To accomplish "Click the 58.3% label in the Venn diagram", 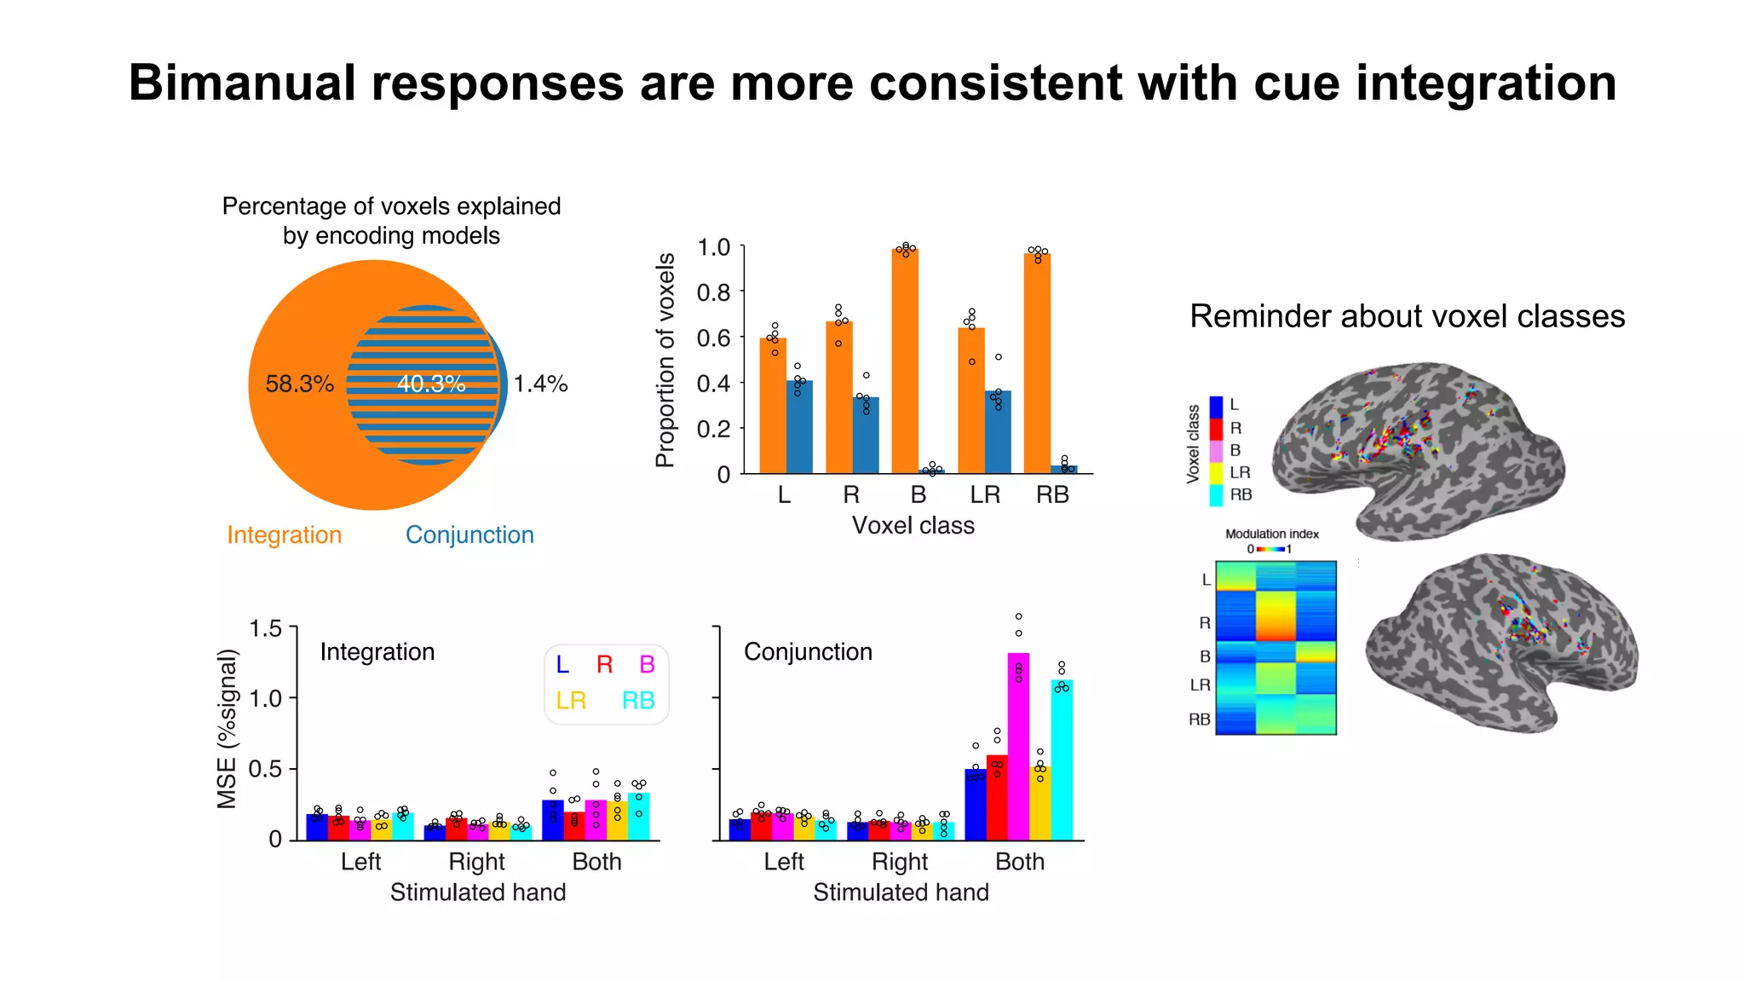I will (299, 384).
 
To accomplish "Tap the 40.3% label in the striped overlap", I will (431, 384).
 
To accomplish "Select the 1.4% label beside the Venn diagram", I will (540, 384).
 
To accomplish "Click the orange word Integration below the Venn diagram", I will (284, 534).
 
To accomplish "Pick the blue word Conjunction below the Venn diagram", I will (469, 534).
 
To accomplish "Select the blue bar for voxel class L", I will (799, 427).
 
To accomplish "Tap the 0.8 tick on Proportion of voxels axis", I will (713, 292).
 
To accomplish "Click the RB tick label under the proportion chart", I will (1052, 494).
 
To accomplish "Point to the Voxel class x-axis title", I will (913, 525).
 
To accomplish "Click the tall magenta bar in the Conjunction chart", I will (1018, 746).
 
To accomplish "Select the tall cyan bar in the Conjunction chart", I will (1062, 759).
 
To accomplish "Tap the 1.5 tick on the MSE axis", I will (265, 629).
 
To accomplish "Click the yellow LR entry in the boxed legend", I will (571, 701).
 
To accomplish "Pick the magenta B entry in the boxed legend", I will (647, 664).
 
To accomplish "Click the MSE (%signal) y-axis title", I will (227, 729).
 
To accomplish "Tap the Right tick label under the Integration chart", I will (476, 862).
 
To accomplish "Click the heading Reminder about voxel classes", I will (1407, 316).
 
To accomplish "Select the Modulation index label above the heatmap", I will (1271, 534).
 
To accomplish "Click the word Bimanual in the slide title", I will (242, 84).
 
